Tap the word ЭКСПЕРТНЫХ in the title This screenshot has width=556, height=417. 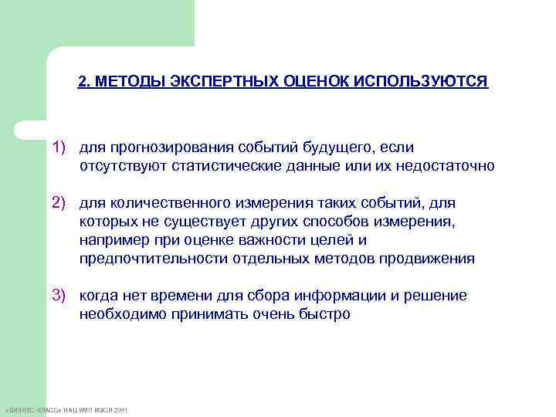[x=218, y=82]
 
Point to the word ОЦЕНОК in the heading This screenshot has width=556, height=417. [x=308, y=82]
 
